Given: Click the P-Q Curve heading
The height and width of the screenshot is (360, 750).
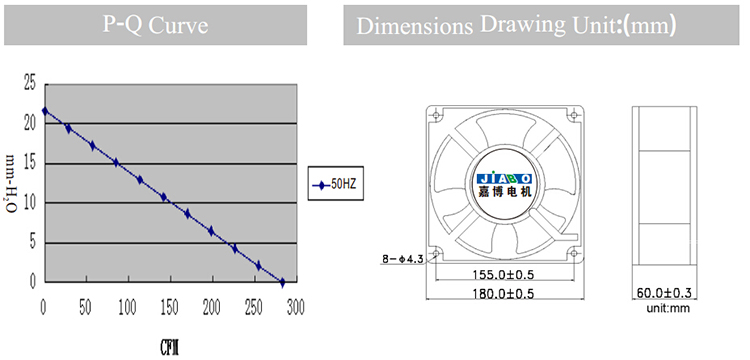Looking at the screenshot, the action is (x=155, y=25).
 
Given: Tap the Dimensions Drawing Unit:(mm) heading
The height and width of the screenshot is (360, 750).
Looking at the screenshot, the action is (x=516, y=25).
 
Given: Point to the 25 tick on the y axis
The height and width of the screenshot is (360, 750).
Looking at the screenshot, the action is (x=30, y=84).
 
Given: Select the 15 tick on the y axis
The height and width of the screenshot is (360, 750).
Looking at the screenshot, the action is (x=30, y=164).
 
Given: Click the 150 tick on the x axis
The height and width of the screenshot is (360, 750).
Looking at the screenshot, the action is (x=170, y=308).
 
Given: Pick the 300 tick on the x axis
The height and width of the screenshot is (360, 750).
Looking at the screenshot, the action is (x=295, y=308).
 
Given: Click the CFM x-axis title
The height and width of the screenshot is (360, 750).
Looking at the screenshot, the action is (x=170, y=348).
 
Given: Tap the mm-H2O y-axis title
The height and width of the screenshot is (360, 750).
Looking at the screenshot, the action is (x=14, y=185).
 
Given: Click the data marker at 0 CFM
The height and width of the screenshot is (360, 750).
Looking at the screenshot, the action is (x=45, y=111).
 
